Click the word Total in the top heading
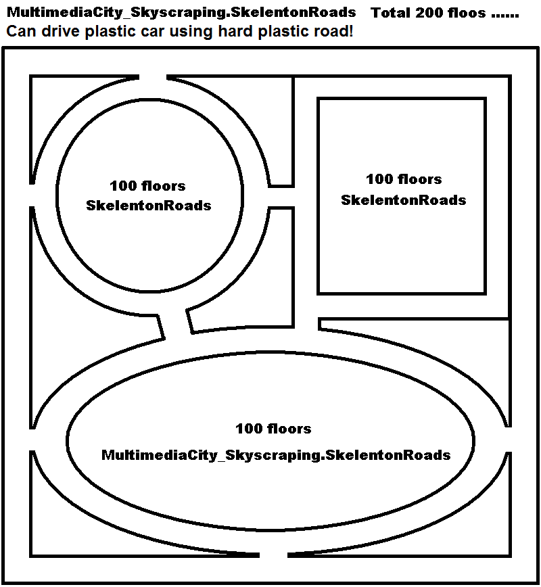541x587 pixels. (x=390, y=13)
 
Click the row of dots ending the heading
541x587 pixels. (x=504, y=16)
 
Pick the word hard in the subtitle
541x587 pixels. (x=235, y=31)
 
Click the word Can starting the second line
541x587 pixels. (x=22, y=31)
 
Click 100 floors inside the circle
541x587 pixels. (x=147, y=186)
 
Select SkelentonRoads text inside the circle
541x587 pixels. (x=149, y=206)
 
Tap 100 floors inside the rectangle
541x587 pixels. (x=404, y=179)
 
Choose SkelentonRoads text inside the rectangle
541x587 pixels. (x=404, y=200)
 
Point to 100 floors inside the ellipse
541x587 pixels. (x=273, y=429)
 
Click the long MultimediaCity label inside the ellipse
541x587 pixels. (x=276, y=456)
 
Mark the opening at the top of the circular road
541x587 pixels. (x=153, y=77)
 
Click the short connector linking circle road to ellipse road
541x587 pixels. (x=175, y=323)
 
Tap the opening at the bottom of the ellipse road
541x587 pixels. (x=273, y=555)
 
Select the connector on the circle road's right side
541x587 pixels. (x=281, y=197)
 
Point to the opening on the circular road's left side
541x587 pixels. (x=32, y=195)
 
